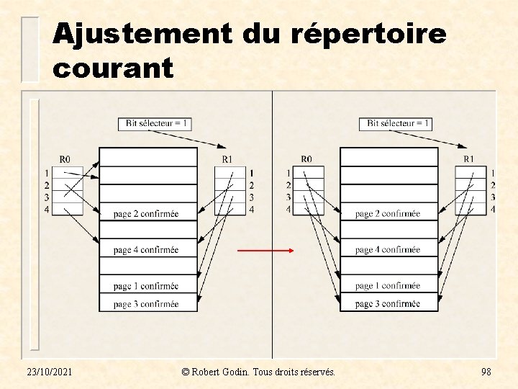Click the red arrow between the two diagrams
pyautogui.click(x=265, y=251)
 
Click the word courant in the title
pyautogui.click(x=113, y=68)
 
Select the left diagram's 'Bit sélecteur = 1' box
pyautogui.click(x=155, y=123)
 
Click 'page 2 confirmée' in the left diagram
pyautogui.click(x=146, y=214)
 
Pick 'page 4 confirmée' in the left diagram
pyautogui.click(x=146, y=250)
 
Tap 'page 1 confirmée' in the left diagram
pyautogui.click(x=146, y=286)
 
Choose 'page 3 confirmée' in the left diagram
pyautogui.click(x=146, y=304)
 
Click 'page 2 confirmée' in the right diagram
pyautogui.click(x=388, y=214)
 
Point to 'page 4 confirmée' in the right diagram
pyautogui.click(x=388, y=250)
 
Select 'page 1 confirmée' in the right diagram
pyautogui.click(x=388, y=286)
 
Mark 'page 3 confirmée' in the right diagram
pyautogui.click(x=388, y=304)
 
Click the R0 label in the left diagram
pyautogui.click(x=65, y=159)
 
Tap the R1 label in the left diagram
pyautogui.click(x=227, y=159)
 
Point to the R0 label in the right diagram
pyautogui.click(x=306, y=159)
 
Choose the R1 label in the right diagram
pyautogui.click(x=468, y=159)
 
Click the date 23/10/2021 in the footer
pyautogui.click(x=49, y=371)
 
